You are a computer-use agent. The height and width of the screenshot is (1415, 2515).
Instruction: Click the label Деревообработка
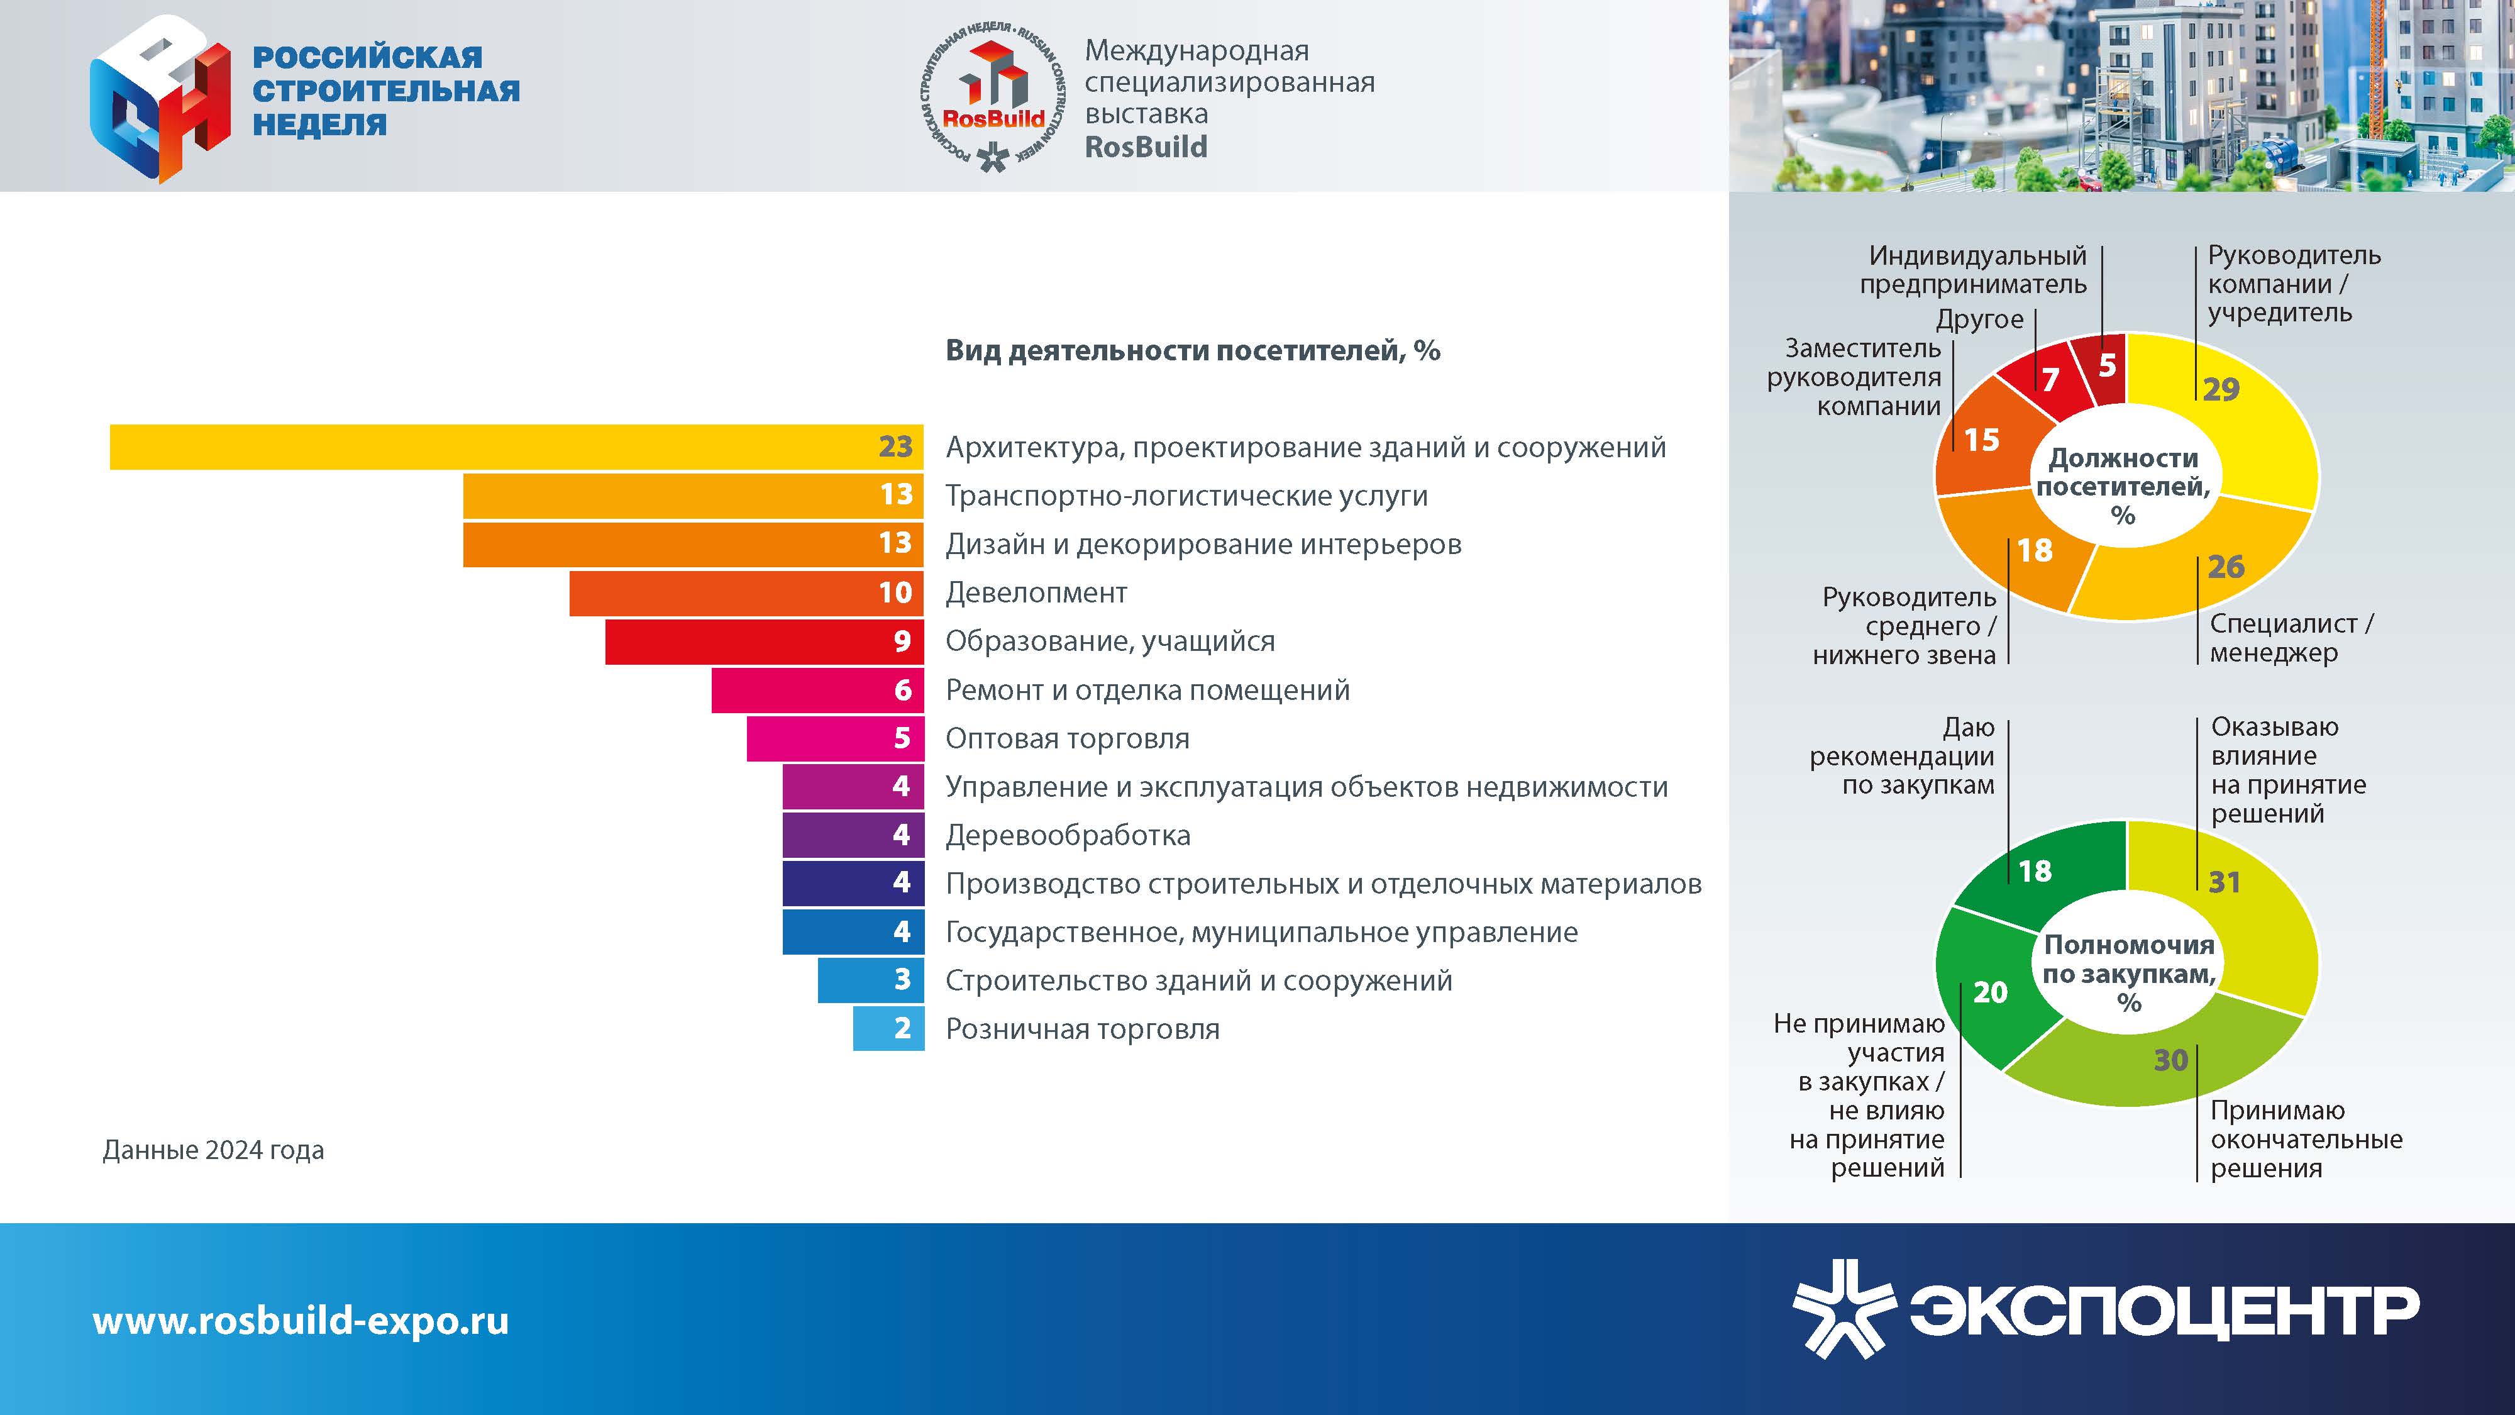point(1068,836)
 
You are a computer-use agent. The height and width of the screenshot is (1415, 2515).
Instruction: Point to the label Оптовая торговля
point(1067,738)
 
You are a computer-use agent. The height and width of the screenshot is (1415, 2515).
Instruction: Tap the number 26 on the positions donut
point(2226,567)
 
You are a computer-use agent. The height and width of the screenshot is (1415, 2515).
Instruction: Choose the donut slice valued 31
point(2255,918)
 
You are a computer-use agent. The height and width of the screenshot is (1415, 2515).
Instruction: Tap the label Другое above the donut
point(1979,319)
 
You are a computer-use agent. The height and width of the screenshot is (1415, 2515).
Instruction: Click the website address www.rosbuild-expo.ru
point(301,1320)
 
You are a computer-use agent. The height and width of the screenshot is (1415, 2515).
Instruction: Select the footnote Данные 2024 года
point(213,1150)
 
